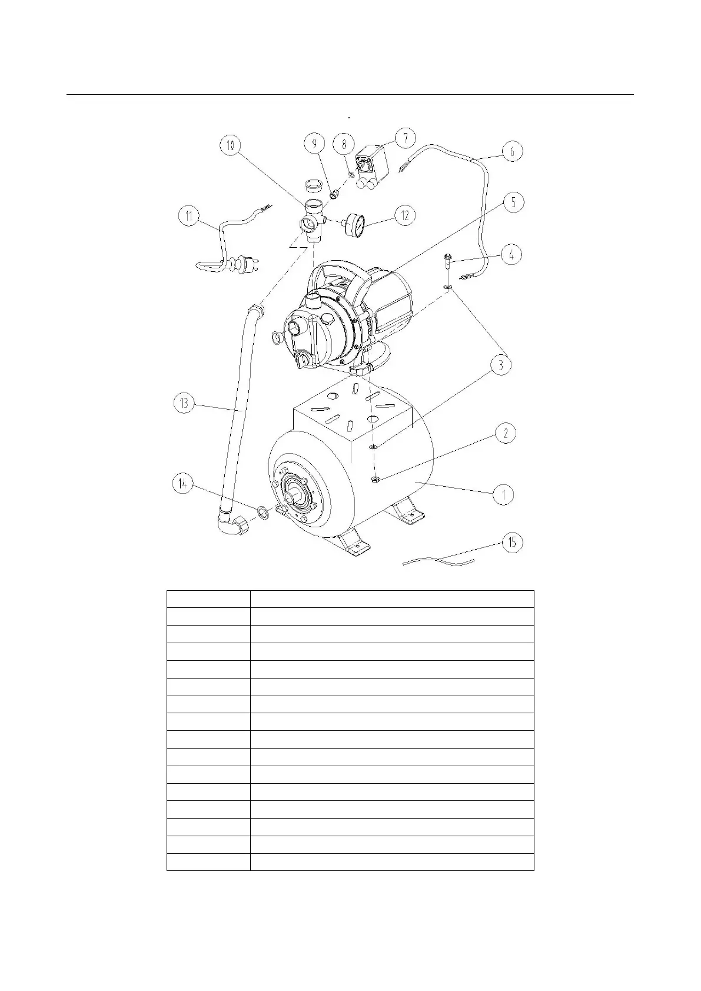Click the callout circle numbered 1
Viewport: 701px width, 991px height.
504,494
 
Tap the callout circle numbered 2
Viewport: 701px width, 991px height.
505,434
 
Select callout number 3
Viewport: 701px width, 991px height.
501,365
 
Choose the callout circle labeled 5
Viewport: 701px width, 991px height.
513,202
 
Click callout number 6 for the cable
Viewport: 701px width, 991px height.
512,151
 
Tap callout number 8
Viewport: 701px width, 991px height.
344,144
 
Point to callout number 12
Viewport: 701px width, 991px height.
404,215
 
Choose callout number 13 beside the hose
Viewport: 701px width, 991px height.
184,404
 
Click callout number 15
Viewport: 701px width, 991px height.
512,542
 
